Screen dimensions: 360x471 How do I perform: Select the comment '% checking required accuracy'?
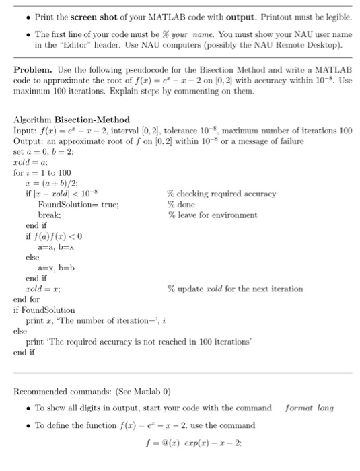[x=221, y=194]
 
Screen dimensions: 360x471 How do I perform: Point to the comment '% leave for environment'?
[x=212, y=215]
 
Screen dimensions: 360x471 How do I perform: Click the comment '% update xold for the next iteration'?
[x=235, y=289]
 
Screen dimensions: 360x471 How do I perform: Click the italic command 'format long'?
[x=309, y=408]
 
